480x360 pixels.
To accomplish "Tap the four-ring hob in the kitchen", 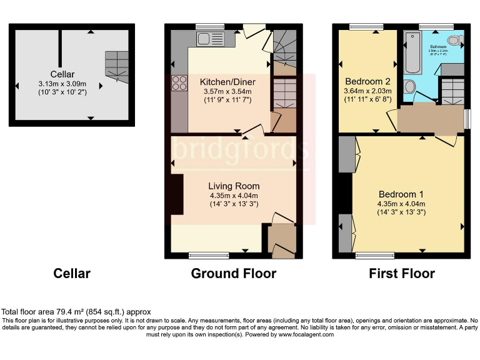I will pyautogui.click(x=179, y=84).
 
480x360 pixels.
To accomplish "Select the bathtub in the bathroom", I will pyautogui.click(x=412, y=54).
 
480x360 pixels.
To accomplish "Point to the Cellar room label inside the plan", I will pyautogui.click(x=62, y=74).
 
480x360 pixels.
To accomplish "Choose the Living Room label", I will pyautogui.click(x=234, y=186).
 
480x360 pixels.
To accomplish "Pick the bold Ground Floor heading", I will pyautogui.click(x=233, y=273).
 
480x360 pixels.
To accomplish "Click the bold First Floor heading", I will pyautogui.click(x=402, y=273).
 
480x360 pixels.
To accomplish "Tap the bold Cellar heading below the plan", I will pyautogui.click(x=72, y=273).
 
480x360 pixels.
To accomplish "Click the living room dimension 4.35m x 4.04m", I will pyautogui.click(x=234, y=195).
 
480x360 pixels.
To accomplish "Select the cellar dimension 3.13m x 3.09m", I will pyautogui.click(x=62, y=84).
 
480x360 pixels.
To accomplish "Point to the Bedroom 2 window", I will pyautogui.click(x=366, y=26).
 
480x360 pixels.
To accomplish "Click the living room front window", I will pyautogui.click(x=204, y=255).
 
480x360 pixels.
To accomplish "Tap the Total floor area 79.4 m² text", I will pyautogui.click(x=76, y=311).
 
